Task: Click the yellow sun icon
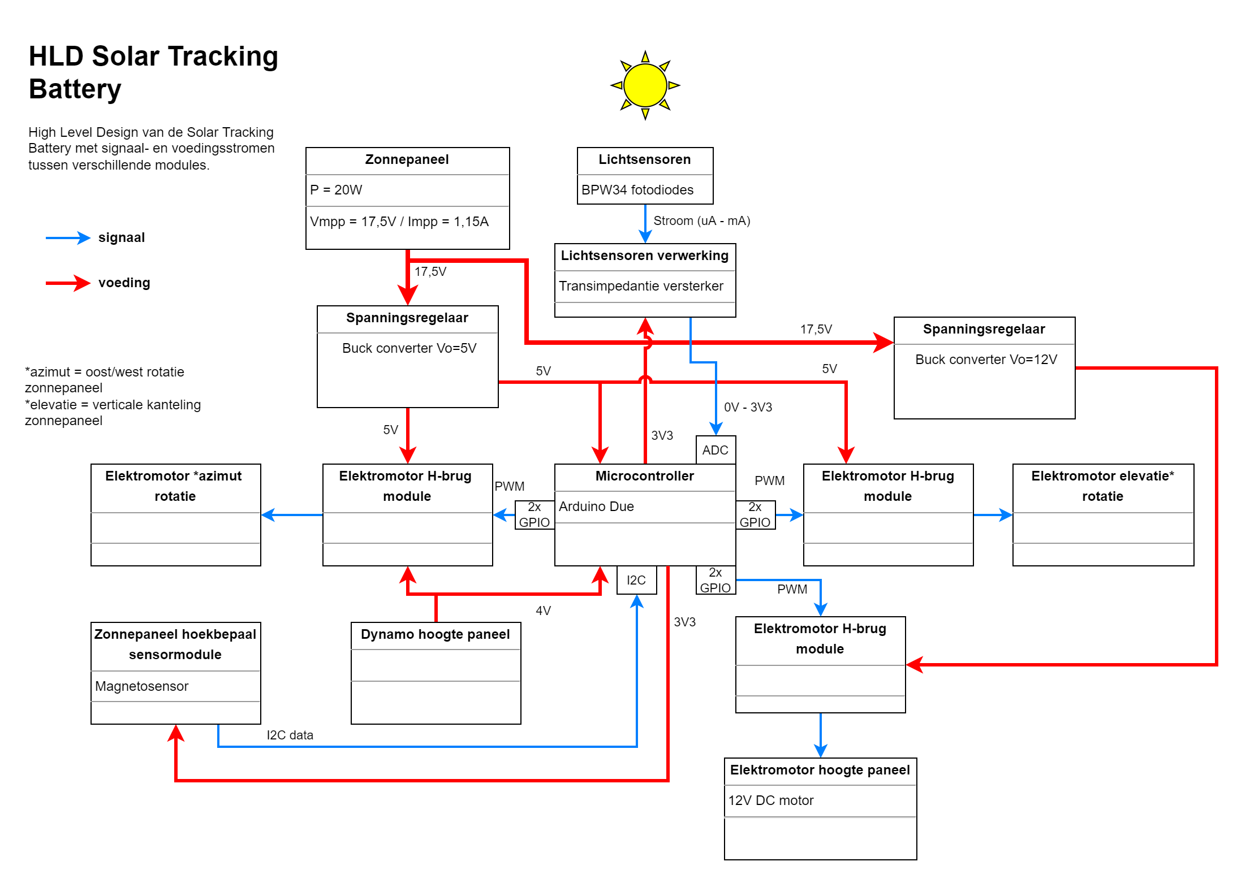tap(645, 85)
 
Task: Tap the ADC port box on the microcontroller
tap(715, 450)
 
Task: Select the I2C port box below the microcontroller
tap(636, 580)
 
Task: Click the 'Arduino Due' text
tap(596, 507)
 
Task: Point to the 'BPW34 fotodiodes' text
tap(637, 190)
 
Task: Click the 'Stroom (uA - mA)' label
tap(701, 220)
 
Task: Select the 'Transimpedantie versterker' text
tap(641, 286)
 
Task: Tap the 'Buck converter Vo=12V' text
tap(986, 360)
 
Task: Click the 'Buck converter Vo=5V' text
tap(409, 348)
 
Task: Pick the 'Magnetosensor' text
tap(141, 686)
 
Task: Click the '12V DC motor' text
tap(770, 800)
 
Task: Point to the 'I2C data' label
tap(290, 735)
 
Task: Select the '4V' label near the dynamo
tap(543, 611)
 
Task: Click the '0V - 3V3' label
tap(748, 407)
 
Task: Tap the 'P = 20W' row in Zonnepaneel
tap(336, 190)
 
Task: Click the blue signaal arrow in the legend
tap(68, 238)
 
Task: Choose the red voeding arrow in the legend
tap(68, 283)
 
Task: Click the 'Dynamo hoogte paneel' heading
tap(436, 634)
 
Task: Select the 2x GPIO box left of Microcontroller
tap(535, 514)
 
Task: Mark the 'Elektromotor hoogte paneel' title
tap(820, 770)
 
